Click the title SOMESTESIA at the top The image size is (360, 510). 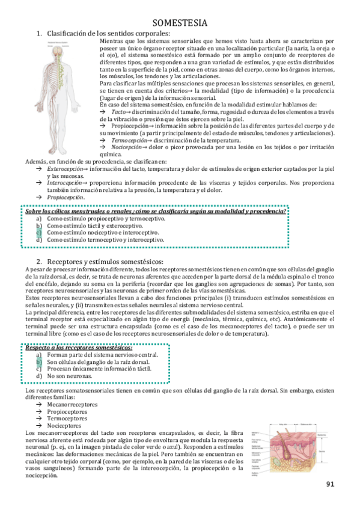(x=180, y=23)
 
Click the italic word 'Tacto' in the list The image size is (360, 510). (x=118, y=111)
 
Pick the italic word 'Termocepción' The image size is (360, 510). (x=127, y=140)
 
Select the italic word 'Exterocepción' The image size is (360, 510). (x=65, y=170)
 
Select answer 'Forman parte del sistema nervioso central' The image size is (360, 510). (x=102, y=355)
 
